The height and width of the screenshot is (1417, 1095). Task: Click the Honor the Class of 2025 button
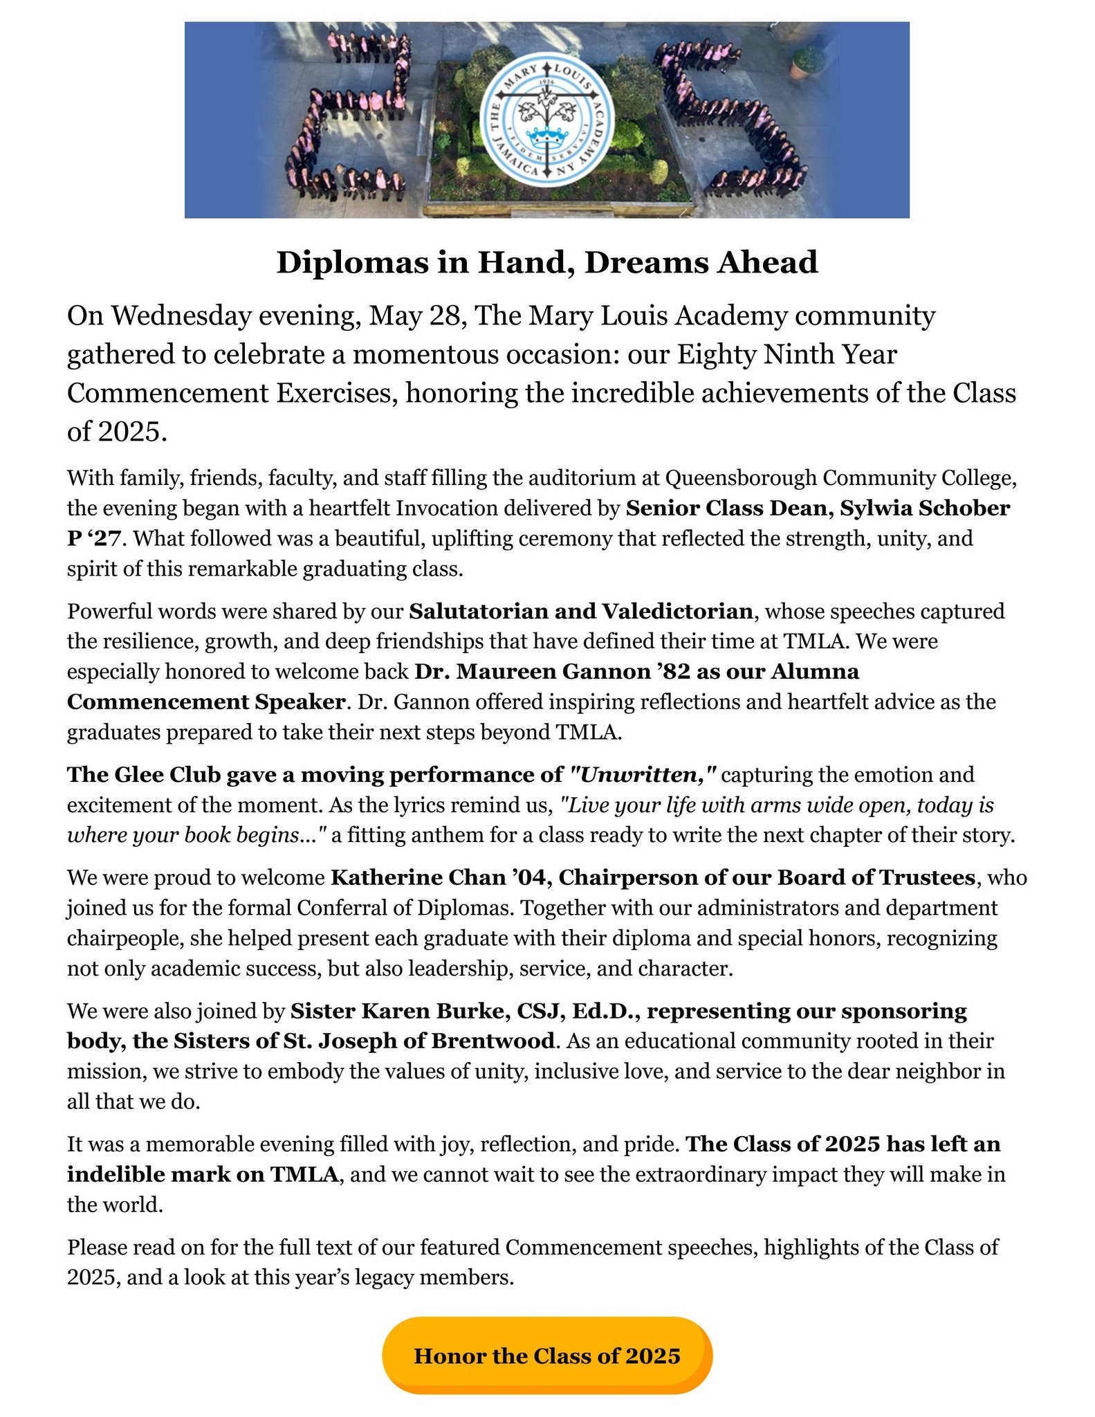click(x=546, y=1355)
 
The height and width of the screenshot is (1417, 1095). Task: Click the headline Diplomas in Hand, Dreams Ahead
click(x=546, y=262)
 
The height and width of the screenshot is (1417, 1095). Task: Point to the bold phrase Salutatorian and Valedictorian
click(x=580, y=611)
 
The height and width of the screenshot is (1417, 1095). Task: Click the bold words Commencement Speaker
click(x=205, y=702)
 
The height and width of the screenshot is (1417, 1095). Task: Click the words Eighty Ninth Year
click(x=786, y=354)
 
